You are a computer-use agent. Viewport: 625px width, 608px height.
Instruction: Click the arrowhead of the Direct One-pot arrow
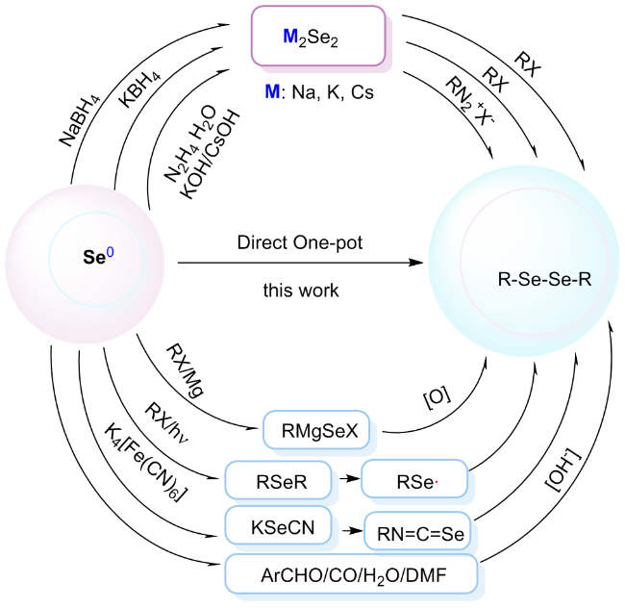click(x=419, y=260)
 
